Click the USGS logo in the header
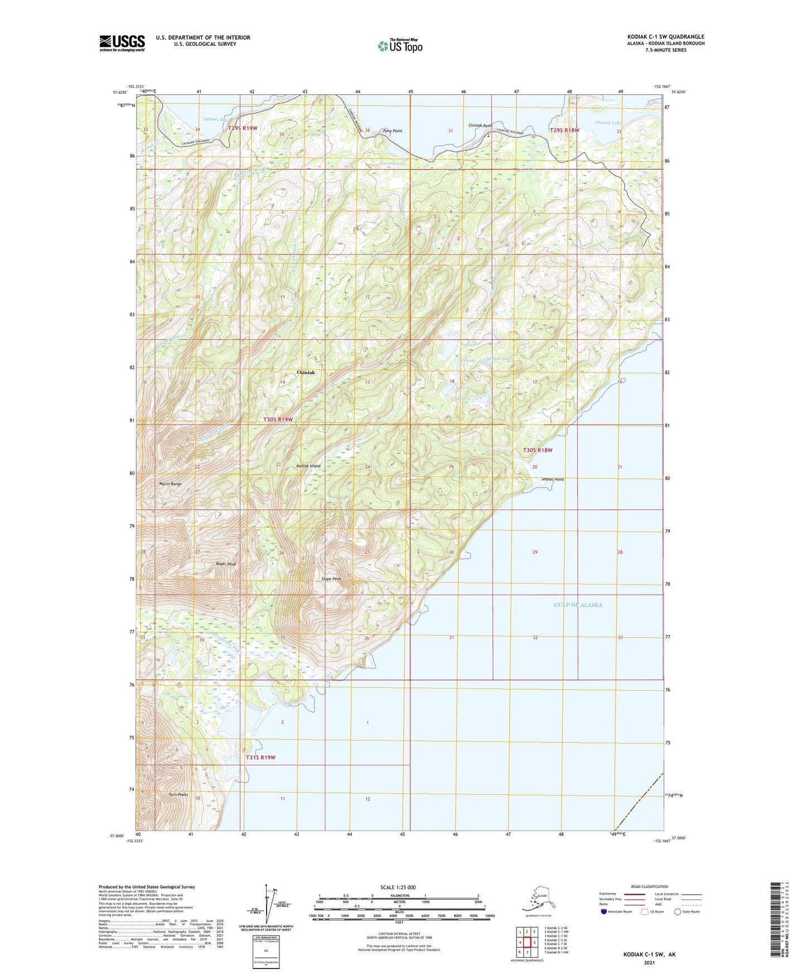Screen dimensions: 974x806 click(122, 42)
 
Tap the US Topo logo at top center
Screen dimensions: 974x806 click(399, 45)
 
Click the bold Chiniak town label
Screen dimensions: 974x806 click(306, 372)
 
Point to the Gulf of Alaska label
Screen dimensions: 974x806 click(578, 605)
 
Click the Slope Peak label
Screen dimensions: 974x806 click(331, 578)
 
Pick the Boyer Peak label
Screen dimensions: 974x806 click(226, 564)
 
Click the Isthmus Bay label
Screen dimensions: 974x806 click(216, 119)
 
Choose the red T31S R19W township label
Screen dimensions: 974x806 click(260, 758)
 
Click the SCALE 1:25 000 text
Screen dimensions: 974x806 click(399, 888)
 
